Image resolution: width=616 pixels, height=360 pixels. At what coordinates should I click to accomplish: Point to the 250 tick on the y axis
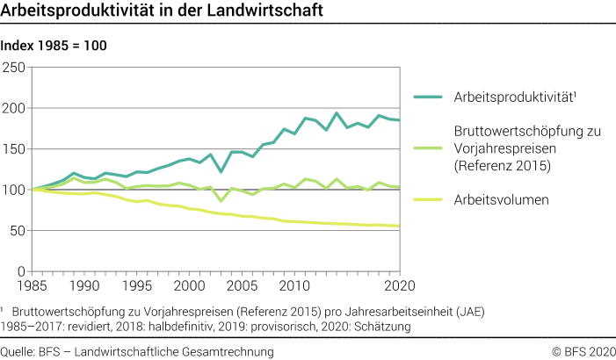[x=15, y=68]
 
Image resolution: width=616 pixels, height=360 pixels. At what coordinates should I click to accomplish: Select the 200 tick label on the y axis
[x=15, y=109]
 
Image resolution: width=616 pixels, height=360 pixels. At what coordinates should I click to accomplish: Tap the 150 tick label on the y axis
[x=15, y=149]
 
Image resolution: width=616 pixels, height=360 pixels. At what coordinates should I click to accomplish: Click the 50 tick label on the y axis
[x=18, y=231]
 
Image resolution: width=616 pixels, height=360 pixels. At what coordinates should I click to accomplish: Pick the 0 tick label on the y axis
[x=23, y=271]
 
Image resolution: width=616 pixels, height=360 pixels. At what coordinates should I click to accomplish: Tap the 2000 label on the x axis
[x=188, y=286]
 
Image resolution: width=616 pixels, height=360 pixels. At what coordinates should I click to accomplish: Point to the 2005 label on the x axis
[x=241, y=286]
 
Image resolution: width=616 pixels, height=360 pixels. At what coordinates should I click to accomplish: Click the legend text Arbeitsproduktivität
[x=515, y=97]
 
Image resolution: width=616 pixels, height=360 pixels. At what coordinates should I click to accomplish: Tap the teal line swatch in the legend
[x=430, y=97]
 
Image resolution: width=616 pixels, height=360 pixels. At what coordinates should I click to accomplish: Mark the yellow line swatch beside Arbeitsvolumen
[x=430, y=199]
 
